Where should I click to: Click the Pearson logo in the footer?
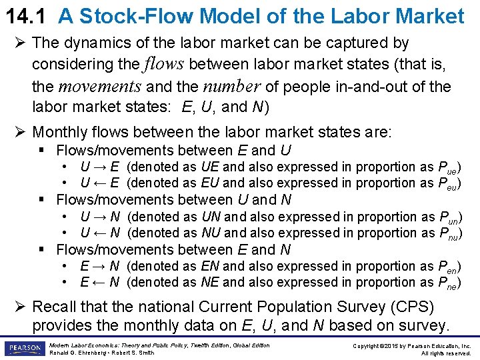click(23, 349)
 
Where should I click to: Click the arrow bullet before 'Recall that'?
click(21, 307)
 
